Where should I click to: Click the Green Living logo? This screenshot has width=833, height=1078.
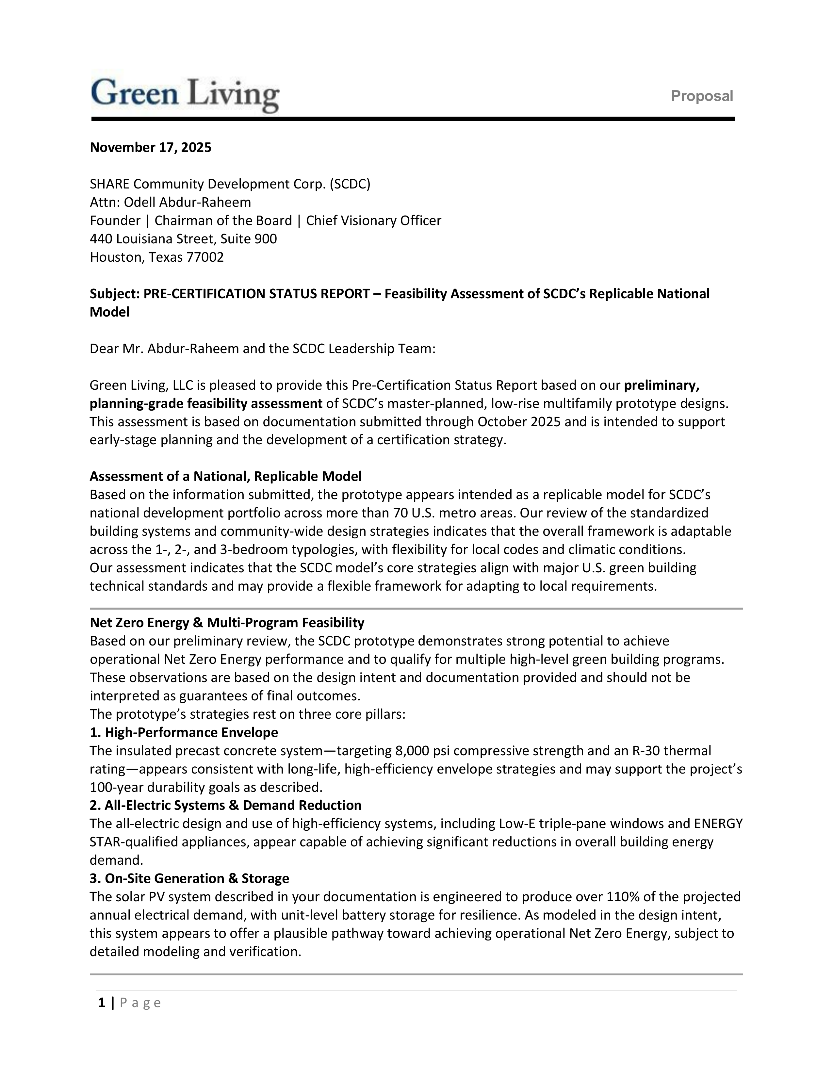[x=185, y=95]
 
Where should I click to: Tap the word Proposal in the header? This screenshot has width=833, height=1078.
[x=701, y=96]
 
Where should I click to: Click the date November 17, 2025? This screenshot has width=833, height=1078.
[x=151, y=148]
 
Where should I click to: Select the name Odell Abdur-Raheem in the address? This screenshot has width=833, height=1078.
[x=187, y=203]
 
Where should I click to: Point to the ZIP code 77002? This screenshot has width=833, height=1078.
[x=205, y=257]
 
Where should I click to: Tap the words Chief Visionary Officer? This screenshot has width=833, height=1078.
[x=374, y=220]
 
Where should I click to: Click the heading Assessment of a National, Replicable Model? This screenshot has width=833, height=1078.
[x=225, y=476]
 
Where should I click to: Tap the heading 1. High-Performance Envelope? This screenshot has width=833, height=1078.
[x=184, y=732]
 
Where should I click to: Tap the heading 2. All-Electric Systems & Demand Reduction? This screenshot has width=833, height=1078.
[x=225, y=806]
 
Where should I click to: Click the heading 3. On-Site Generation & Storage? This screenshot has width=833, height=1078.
[x=189, y=879]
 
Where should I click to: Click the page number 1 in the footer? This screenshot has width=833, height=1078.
[x=102, y=1003]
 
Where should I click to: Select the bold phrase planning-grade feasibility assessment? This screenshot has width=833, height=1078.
[x=206, y=404]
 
